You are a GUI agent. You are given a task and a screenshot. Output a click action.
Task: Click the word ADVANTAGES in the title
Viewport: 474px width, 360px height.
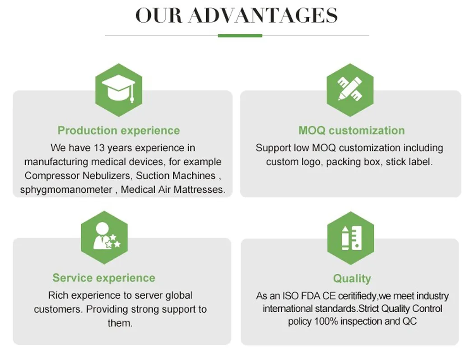[263, 16]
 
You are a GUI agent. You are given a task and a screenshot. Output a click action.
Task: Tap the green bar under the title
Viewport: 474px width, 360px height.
[240, 36]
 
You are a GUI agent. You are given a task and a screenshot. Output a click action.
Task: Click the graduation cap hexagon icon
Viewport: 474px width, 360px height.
[119, 90]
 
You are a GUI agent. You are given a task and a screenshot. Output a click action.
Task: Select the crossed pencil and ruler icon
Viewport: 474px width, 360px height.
[350, 90]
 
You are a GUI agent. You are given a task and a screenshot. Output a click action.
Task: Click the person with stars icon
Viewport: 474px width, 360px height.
[104, 238]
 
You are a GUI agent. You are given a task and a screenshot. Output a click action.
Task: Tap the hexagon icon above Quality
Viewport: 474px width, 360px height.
[351, 238]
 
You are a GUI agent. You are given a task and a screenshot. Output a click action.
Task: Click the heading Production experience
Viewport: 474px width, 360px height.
[119, 131]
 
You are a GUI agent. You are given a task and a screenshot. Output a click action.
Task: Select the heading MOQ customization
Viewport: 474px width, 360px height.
[352, 131]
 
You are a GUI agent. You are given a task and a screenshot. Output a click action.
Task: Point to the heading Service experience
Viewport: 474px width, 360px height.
[104, 278]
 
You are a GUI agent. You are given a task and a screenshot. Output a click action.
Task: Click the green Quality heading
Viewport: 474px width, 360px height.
[352, 278]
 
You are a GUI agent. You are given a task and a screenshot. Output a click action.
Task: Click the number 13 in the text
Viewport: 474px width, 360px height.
[99, 148]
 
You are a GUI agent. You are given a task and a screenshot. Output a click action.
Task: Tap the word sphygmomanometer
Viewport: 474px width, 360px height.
[66, 190]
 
